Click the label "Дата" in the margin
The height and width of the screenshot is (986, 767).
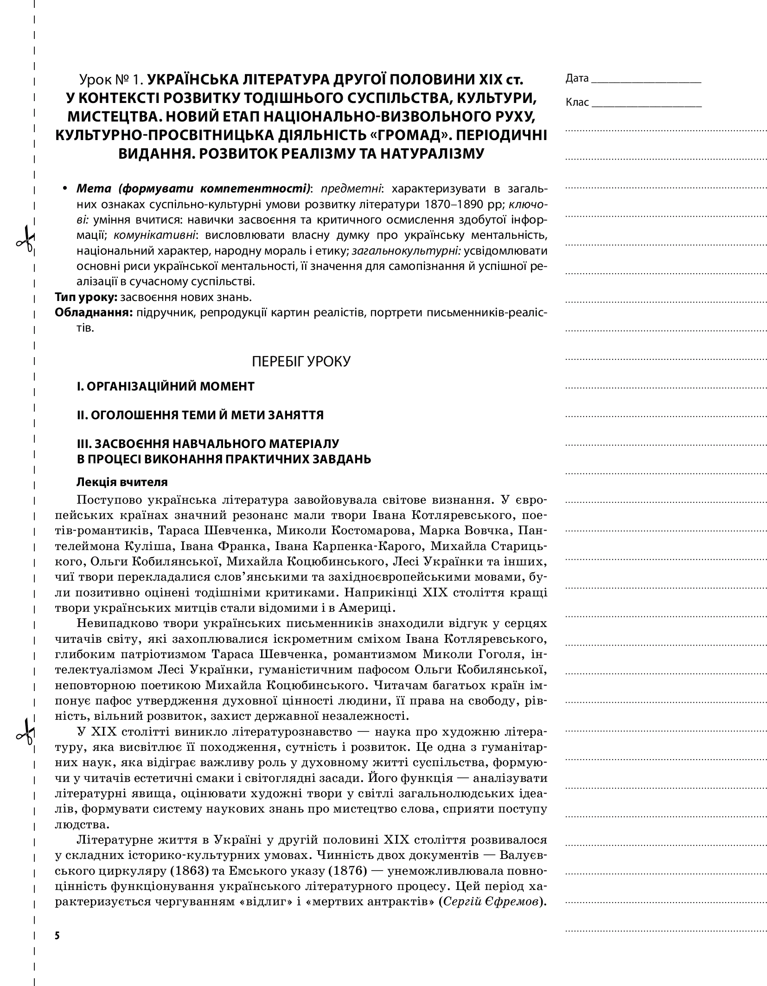[x=576, y=78]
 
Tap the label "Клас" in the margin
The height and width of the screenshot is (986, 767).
[x=577, y=102]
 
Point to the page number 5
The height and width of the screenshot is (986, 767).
[x=57, y=935]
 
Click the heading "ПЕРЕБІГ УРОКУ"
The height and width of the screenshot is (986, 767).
[x=301, y=361]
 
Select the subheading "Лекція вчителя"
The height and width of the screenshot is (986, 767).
[x=122, y=482]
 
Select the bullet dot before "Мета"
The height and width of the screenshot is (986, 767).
[x=65, y=189]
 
